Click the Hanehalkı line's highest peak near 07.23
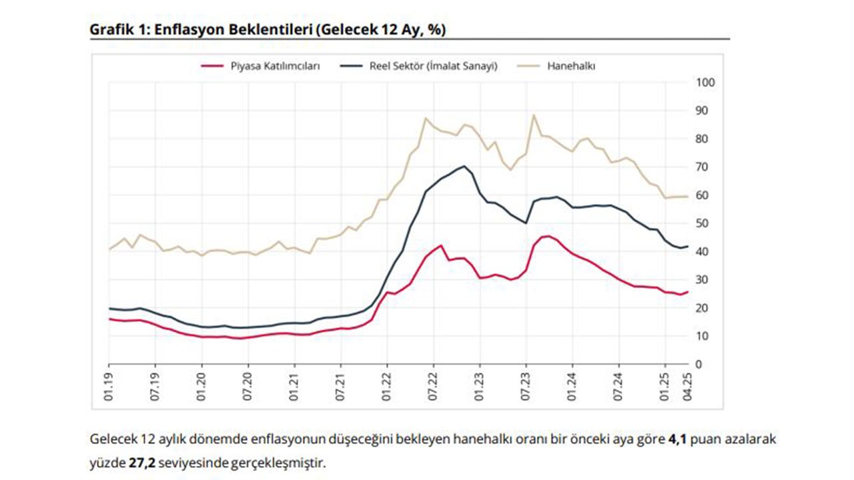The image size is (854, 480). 534,115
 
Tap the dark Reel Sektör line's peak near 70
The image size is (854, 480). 464,166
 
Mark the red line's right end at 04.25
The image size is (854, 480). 687,292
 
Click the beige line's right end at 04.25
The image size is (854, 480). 687,197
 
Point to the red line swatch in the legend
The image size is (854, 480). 211,66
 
